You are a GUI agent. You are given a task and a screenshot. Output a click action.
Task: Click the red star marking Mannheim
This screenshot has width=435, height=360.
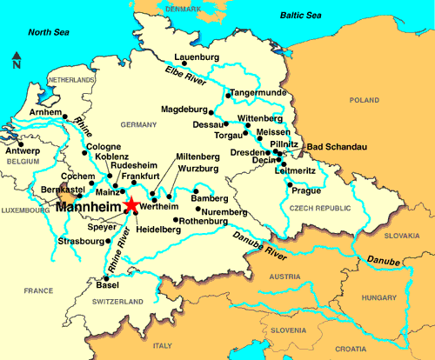(x=131, y=205)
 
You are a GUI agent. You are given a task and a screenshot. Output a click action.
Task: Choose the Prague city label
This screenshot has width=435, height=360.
(x=306, y=190)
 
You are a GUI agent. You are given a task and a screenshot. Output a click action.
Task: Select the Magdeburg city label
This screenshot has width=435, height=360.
(x=186, y=110)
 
